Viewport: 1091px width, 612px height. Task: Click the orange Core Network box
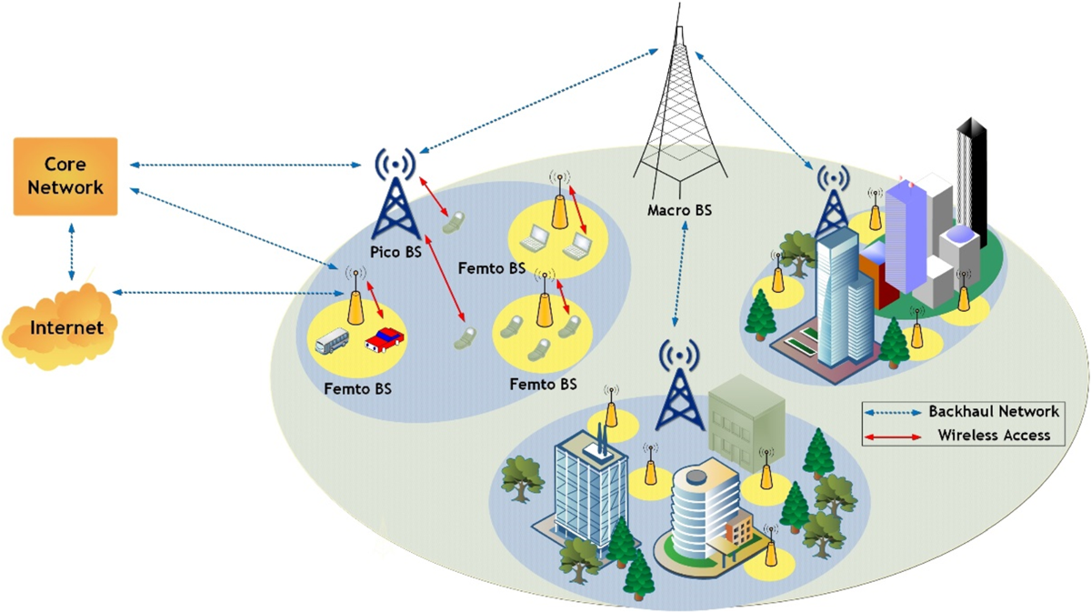[65, 176]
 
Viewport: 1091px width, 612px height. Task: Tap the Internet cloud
[61, 326]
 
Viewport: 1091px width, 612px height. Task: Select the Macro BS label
[679, 211]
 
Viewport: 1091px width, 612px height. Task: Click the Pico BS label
[395, 253]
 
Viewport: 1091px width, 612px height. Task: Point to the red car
[385, 340]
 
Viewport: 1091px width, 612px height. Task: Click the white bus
[332, 342]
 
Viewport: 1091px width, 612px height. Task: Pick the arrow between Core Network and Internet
[71, 247]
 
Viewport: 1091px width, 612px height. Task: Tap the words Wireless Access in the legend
[994, 436]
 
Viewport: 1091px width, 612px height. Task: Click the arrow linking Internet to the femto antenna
[227, 293]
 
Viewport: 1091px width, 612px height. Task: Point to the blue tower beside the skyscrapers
[831, 205]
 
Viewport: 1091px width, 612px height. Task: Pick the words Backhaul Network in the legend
[994, 412]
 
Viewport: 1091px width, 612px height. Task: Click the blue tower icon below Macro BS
[679, 386]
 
